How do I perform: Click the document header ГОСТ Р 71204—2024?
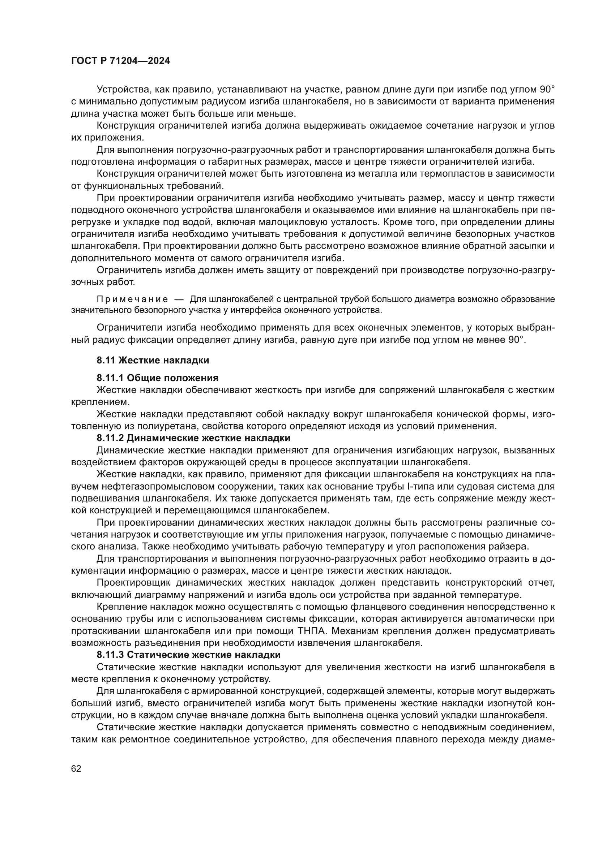point(120,61)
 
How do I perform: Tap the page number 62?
point(76,768)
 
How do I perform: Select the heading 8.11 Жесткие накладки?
point(153,360)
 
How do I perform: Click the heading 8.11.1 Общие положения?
point(158,378)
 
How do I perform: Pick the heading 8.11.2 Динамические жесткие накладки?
point(193,438)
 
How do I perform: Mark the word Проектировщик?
point(133,583)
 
